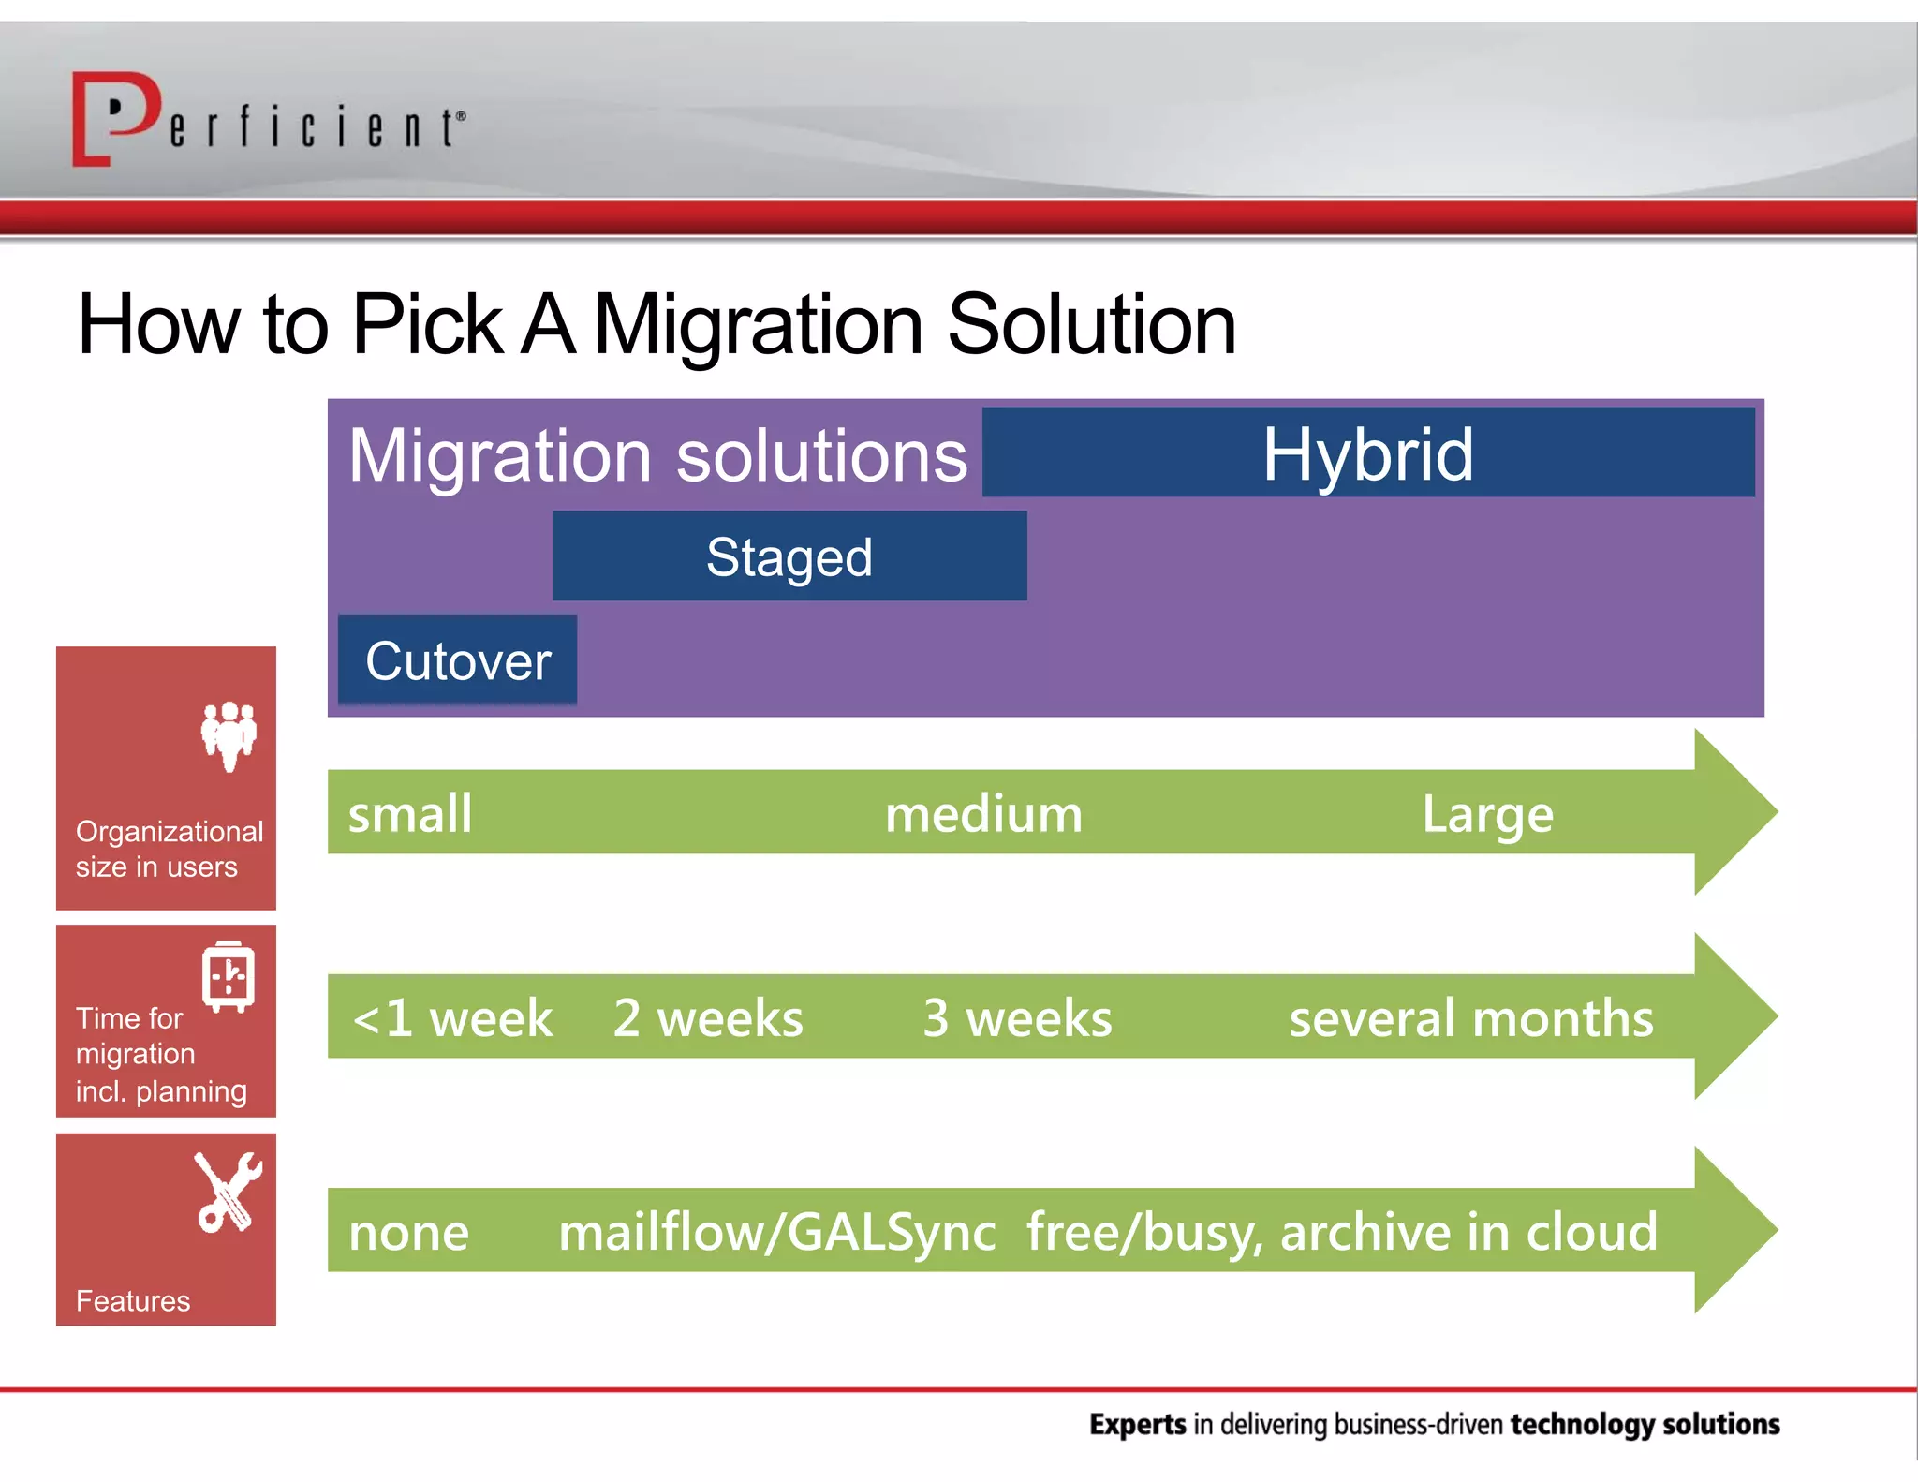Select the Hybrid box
coord(1367,452)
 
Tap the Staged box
coord(789,556)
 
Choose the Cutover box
coord(457,660)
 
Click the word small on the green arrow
coord(410,813)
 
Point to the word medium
coord(983,813)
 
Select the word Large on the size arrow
coord(1487,813)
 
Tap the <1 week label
coord(452,1018)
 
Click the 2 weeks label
coord(708,1018)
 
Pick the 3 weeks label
coord(1017,1018)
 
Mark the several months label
coord(1470,1018)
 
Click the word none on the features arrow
coord(409,1232)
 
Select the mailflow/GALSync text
coord(777,1232)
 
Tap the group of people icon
coord(229,735)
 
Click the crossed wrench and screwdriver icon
coord(228,1192)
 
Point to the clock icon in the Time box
coord(228,977)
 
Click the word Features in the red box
coord(133,1300)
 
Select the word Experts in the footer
coord(1137,1424)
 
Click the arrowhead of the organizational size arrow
coord(1733,811)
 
